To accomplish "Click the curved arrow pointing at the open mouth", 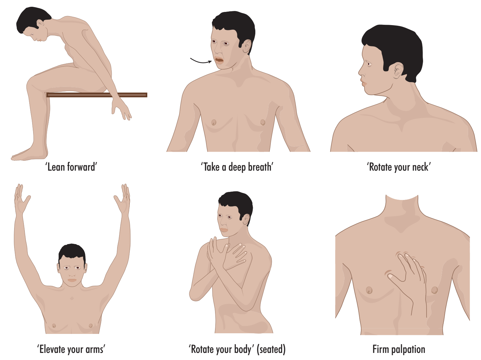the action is coord(201,62).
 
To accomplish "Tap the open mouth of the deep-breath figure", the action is coord(219,60).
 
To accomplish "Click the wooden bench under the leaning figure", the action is coord(97,95).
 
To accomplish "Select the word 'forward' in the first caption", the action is coord(81,167).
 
